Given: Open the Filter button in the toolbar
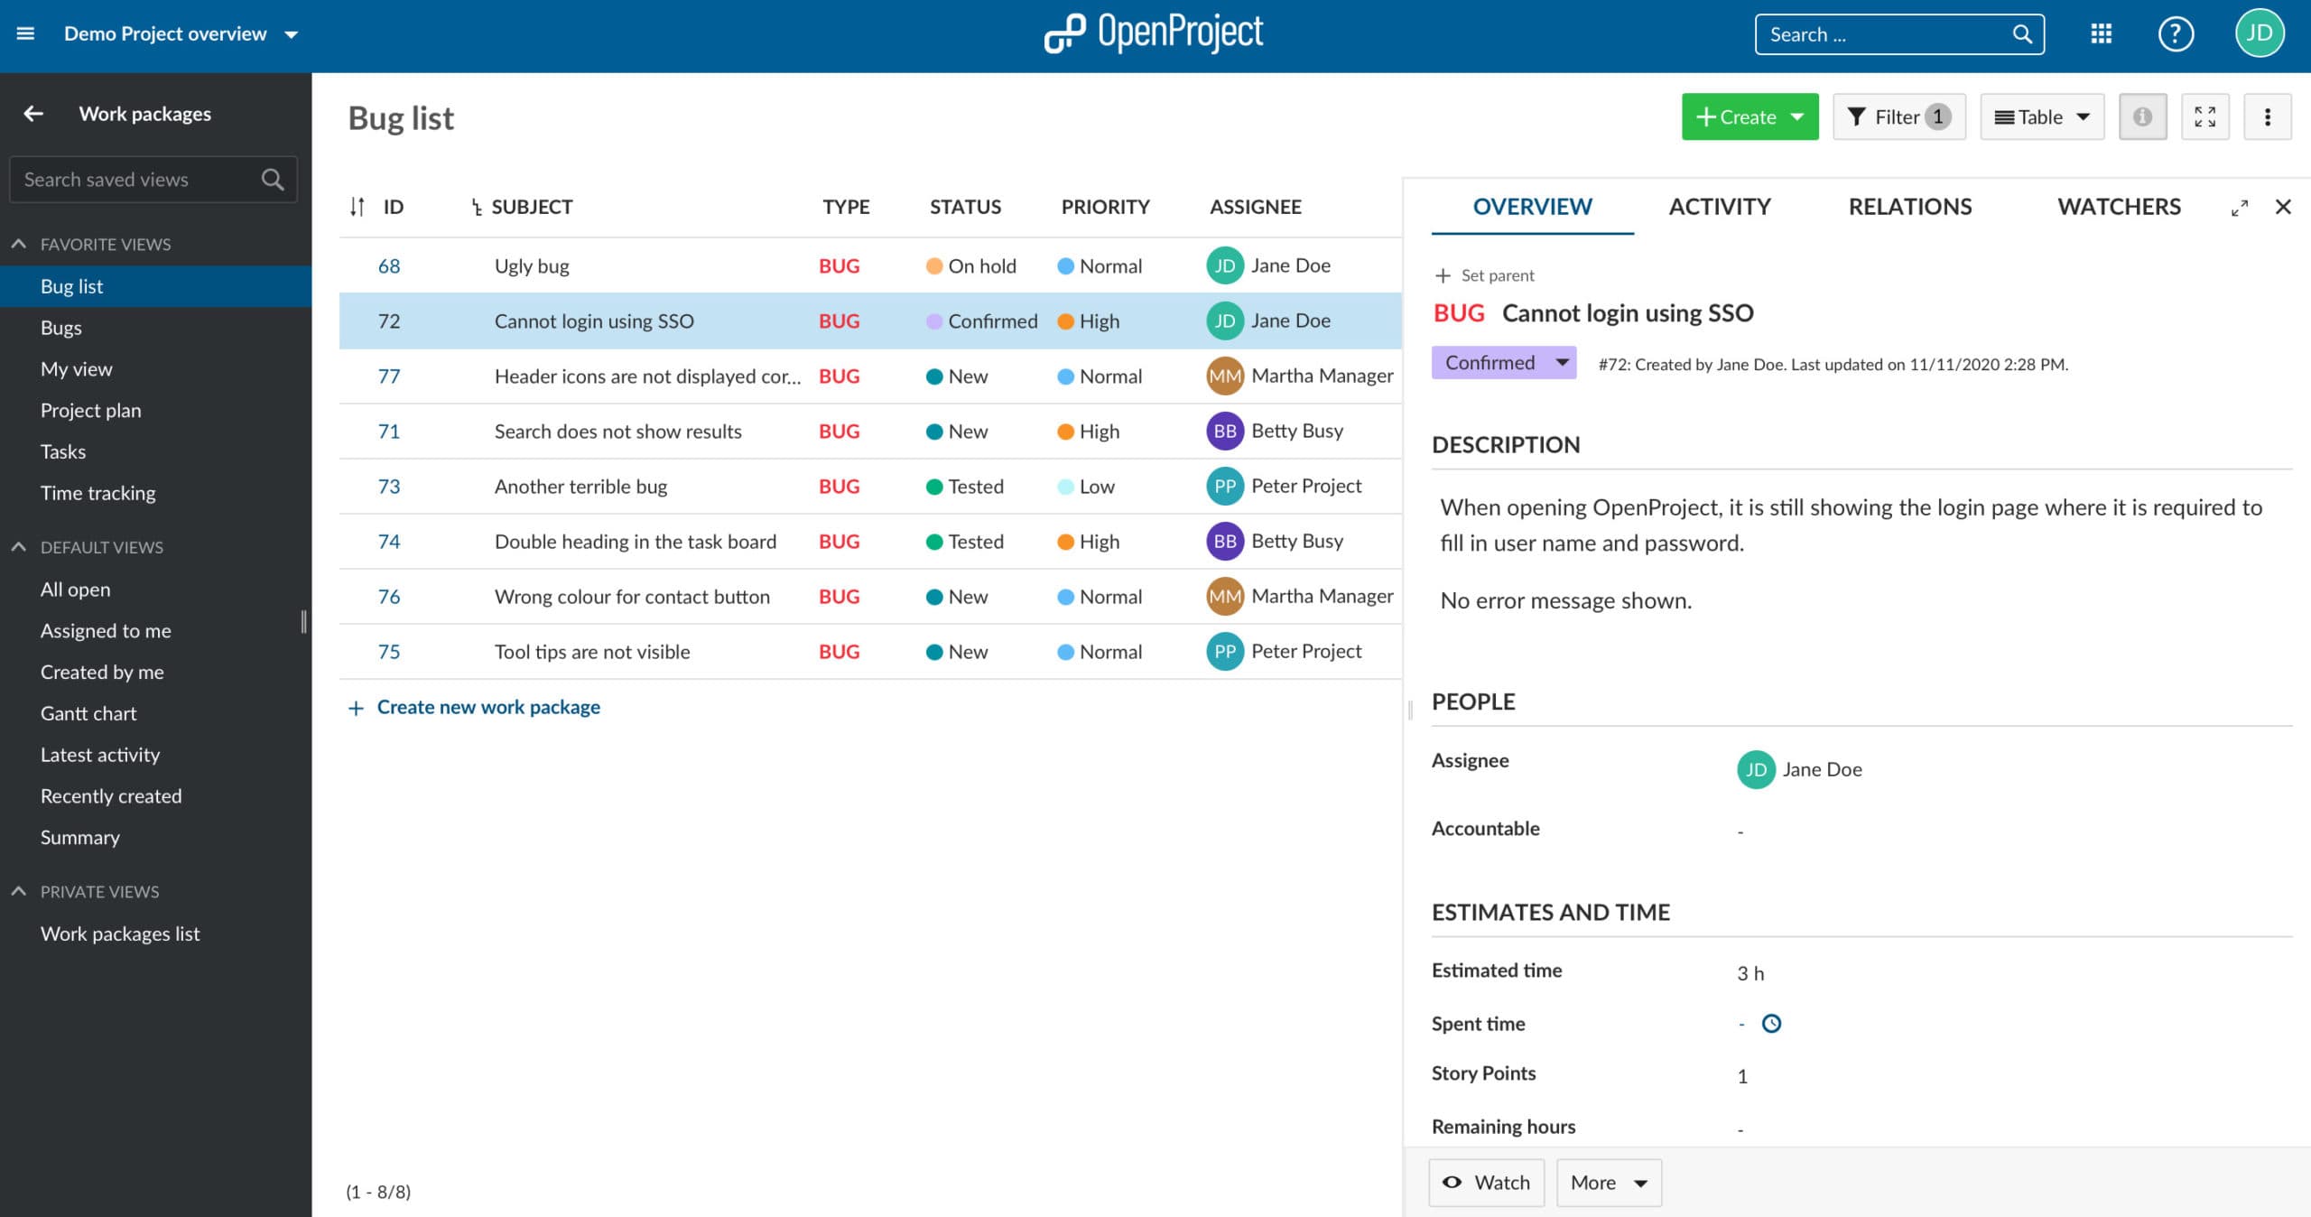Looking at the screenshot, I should [1898, 117].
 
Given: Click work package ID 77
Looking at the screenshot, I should [388, 376].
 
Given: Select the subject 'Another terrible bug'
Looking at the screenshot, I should [580, 487].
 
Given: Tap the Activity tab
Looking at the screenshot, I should [1719, 207].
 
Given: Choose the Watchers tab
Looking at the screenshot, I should [2118, 207].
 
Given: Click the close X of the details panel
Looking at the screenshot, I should [2282, 207].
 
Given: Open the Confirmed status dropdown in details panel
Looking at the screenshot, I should [1504, 363].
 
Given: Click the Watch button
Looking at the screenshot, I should [1486, 1183].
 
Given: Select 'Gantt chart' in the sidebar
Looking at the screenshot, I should [88, 713].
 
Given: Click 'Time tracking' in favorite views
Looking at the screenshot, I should [97, 493].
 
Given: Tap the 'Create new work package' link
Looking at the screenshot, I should [487, 707].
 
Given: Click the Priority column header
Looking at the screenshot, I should [1105, 207].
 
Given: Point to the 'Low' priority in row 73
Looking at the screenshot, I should [1096, 487].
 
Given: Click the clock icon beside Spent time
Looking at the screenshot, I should [1771, 1024].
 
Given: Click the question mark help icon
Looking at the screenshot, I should [2176, 34].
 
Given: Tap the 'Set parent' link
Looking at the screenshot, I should [1497, 275].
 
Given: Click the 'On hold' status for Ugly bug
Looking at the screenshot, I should [981, 266].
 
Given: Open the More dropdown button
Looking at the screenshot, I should [1609, 1183].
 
